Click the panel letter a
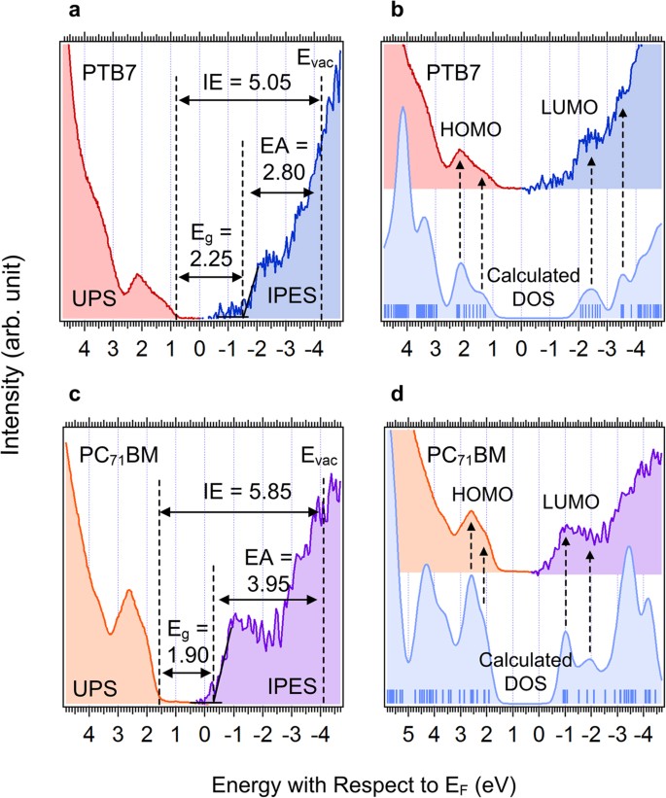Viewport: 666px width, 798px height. [71, 13]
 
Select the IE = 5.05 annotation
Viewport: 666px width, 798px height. [248, 82]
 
